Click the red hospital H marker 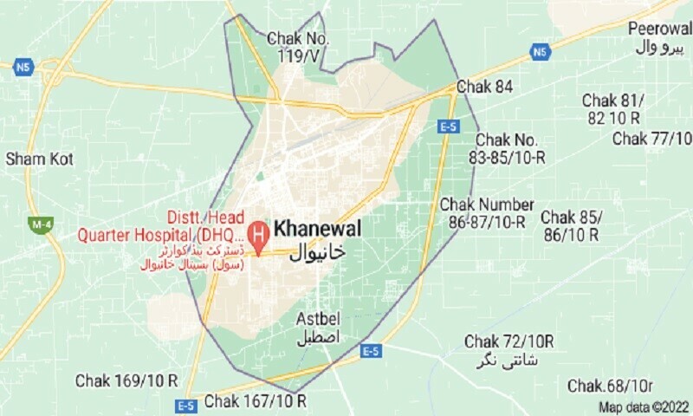(257, 232)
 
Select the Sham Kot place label (39, 159)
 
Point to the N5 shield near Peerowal (540, 53)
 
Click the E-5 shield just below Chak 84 (448, 127)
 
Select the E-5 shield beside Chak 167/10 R (185, 405)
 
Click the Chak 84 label (486, 88)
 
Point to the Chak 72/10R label (509, 340)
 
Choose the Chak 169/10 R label (126, 380)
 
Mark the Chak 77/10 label (652, 139)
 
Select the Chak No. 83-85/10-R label (509, 148)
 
